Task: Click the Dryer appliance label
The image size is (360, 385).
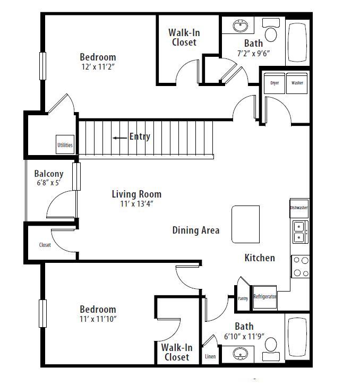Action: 275,83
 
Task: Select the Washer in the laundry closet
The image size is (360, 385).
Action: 297,83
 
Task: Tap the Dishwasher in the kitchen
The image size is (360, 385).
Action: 299,208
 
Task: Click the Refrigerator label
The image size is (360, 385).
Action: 265,296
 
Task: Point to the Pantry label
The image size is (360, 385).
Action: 243,298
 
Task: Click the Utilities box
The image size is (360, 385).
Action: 65,144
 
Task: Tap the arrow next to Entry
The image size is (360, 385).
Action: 120,138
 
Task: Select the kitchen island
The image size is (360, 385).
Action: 245,224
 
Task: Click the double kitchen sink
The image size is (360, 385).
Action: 301,232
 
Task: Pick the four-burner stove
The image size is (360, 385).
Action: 301,267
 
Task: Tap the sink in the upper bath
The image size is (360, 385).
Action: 240,26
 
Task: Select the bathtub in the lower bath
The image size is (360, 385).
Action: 297,337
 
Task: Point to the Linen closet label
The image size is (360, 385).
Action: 210,356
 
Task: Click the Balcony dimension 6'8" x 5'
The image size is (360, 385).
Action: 49,183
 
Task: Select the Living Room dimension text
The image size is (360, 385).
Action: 136,203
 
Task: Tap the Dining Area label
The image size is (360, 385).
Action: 196,230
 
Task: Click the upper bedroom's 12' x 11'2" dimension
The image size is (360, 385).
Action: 98,66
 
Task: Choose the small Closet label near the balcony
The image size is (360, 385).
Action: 45,245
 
